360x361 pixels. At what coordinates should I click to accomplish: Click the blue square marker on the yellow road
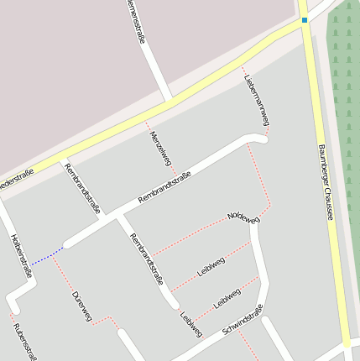304,19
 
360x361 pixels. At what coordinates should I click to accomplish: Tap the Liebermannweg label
257,100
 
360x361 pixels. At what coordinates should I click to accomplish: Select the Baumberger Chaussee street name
326,181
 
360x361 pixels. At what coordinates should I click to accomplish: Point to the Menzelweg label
160,147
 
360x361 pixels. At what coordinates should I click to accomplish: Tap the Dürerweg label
81,306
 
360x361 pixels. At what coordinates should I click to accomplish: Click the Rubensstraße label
24,340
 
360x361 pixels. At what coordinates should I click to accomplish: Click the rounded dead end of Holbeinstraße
13,300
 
